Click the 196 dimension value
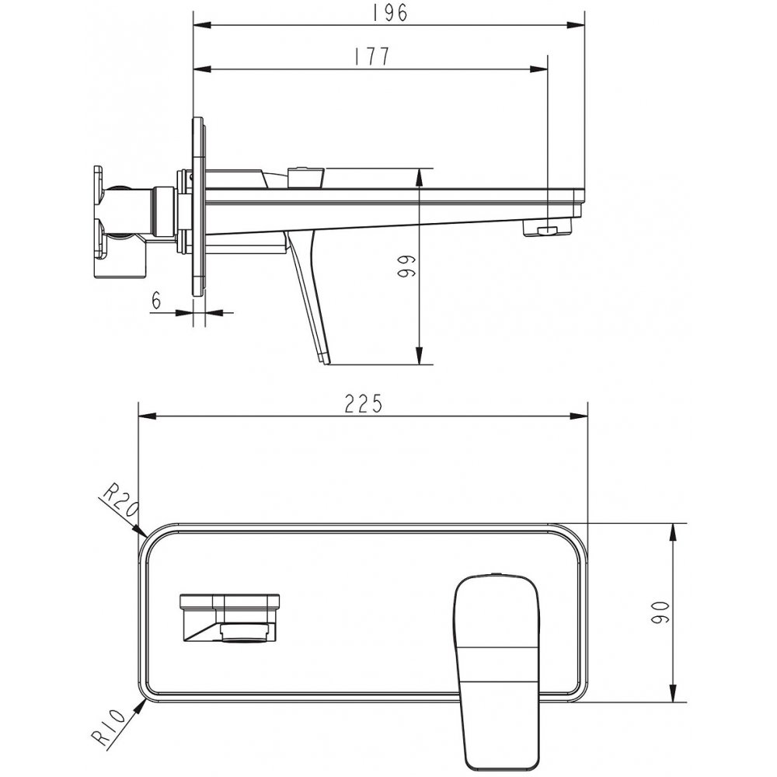pos(389,12)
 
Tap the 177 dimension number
pos(372,57)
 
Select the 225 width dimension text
pos(364,404)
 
